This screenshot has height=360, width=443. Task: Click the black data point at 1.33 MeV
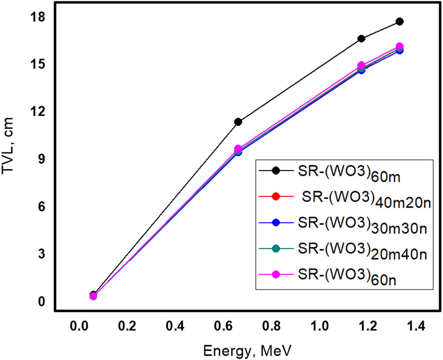click(399, 21)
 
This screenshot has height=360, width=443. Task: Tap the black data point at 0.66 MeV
click(238, 122)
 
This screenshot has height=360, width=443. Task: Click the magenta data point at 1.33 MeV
click(399, 46)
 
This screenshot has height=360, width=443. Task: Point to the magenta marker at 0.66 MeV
click(238, 149)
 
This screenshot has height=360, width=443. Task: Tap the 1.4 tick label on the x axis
click(415, 326)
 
